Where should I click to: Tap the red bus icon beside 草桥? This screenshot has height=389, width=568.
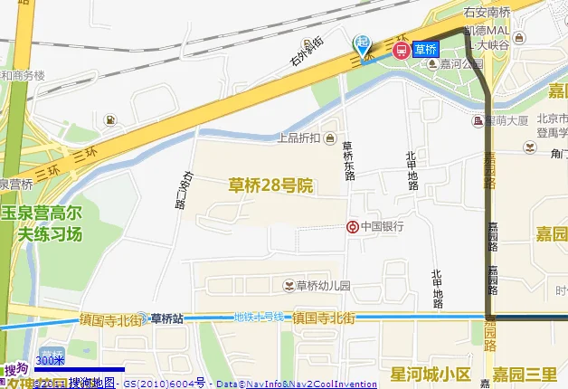(x=400, y=51)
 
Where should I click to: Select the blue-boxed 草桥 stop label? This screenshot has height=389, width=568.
(x=426, y=51)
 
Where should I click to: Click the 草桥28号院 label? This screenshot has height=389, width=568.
(x=270, y=185)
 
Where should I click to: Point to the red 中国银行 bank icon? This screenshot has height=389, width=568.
(x=353, y=226)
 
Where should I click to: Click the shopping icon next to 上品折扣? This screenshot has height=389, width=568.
(x=331, y=138)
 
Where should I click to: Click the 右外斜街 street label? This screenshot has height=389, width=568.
(x=307, y=52)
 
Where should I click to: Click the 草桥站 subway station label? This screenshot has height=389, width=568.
(x=166, y=318)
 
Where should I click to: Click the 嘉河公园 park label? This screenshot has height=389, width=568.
(x=461, y=64)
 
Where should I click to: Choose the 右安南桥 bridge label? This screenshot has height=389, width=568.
(x=488, y=14)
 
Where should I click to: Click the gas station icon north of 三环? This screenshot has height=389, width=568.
(x=109, y=120)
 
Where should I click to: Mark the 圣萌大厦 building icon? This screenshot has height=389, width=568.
(x=477, y=120)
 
